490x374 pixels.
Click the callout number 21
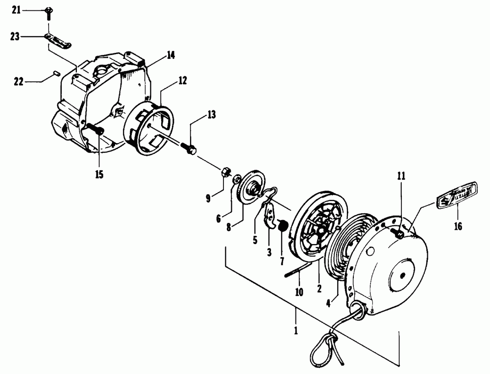click(16, 10)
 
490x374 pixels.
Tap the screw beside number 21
click(48, 12)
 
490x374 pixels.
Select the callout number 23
click(16, 35)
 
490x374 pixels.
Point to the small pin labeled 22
click(56, 74)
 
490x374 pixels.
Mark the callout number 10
click(299, 292)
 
